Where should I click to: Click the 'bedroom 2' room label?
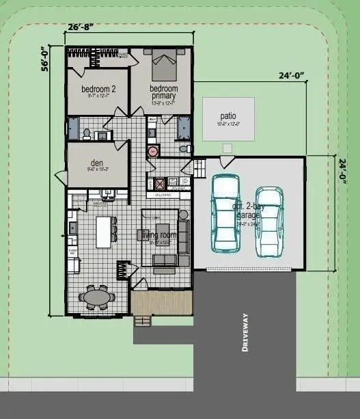98,90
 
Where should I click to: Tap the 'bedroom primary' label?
164,92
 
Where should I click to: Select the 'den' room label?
96,164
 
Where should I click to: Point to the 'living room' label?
158,235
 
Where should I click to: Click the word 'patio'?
227,116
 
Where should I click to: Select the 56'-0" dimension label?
45,60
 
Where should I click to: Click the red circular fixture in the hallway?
153,152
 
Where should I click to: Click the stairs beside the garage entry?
199,167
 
